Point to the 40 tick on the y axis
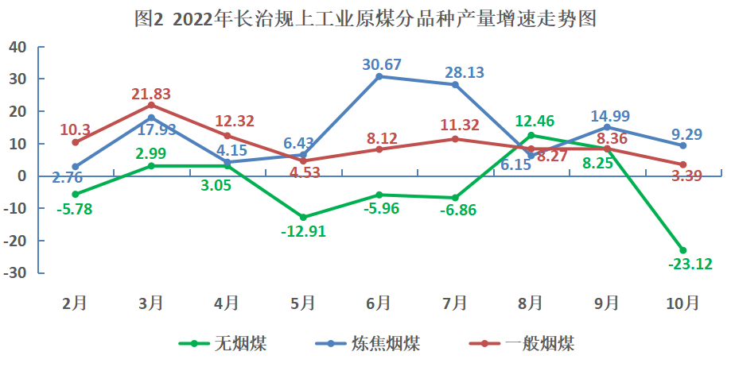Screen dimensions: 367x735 click(x=19, y=47)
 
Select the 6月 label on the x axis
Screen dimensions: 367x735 click(x=379, y=303)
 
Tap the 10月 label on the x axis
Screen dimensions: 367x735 click(x=682, y=303)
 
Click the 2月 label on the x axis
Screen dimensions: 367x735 click(x=76, y=303)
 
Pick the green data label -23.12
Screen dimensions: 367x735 click(x=685, y=265)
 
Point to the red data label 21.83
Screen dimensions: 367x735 click(x=152, y=94)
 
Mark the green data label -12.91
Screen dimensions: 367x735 click(x=303, y=232)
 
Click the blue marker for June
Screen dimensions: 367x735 click(x=379, y=76)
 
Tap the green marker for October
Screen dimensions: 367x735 click(x=682, y=250)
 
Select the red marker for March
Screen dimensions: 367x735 click(x=151, y=105)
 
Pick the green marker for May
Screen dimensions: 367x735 click(x=303, y=217)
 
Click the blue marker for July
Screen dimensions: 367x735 click(x=455, y=84)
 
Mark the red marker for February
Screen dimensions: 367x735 click(x=76, y=142)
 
